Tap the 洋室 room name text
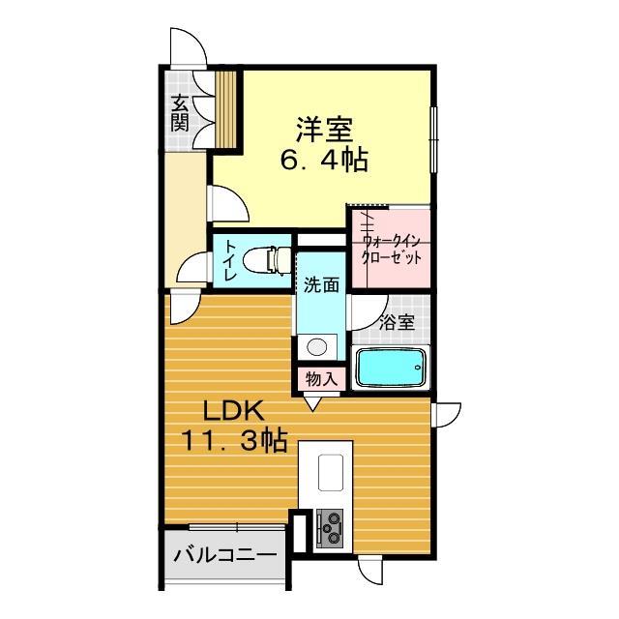323,128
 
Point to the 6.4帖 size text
323,160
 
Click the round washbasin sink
314,346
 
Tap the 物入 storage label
320,378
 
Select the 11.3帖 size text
232,441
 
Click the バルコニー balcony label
224,556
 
